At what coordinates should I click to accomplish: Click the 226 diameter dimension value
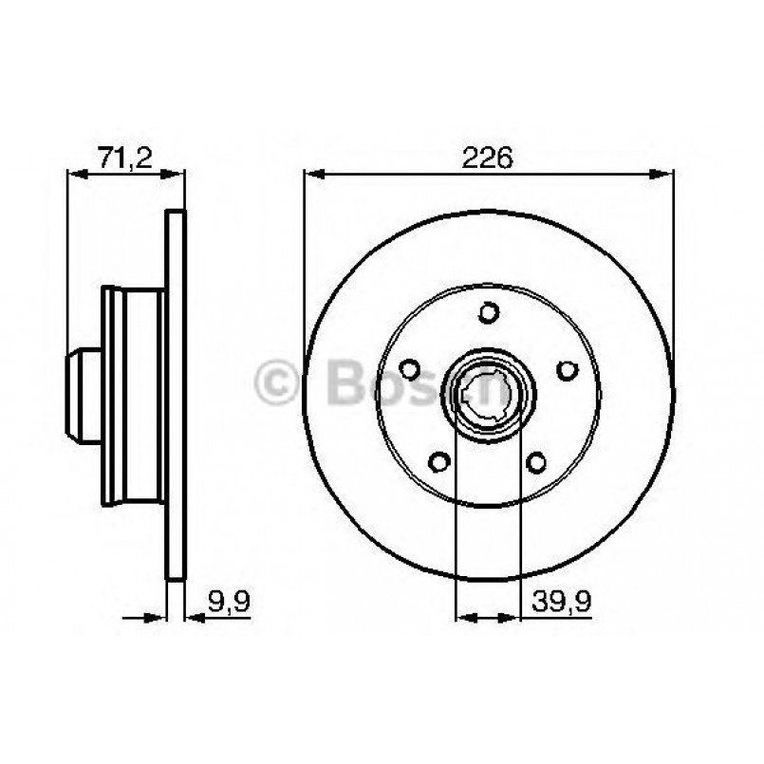click(x=488, y=158)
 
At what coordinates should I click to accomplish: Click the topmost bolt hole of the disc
click(x=489, y=311)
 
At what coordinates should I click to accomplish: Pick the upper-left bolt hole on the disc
click(x=411, y=369)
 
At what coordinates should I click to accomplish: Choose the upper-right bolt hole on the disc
click(x=567, y=369)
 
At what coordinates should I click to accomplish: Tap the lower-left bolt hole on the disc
click(x=439, y=461)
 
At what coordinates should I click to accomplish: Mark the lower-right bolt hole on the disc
click(x=537, y=461)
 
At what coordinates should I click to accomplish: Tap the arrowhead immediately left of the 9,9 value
click(x=193, y=617)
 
